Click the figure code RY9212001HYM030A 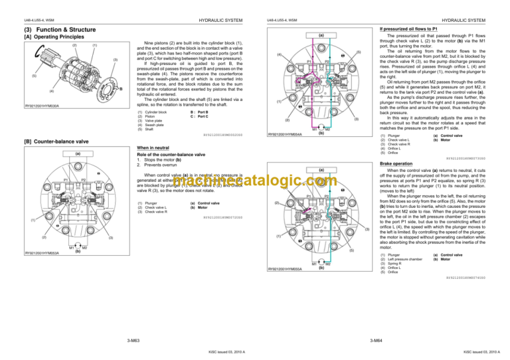click(x=41, y=105)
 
